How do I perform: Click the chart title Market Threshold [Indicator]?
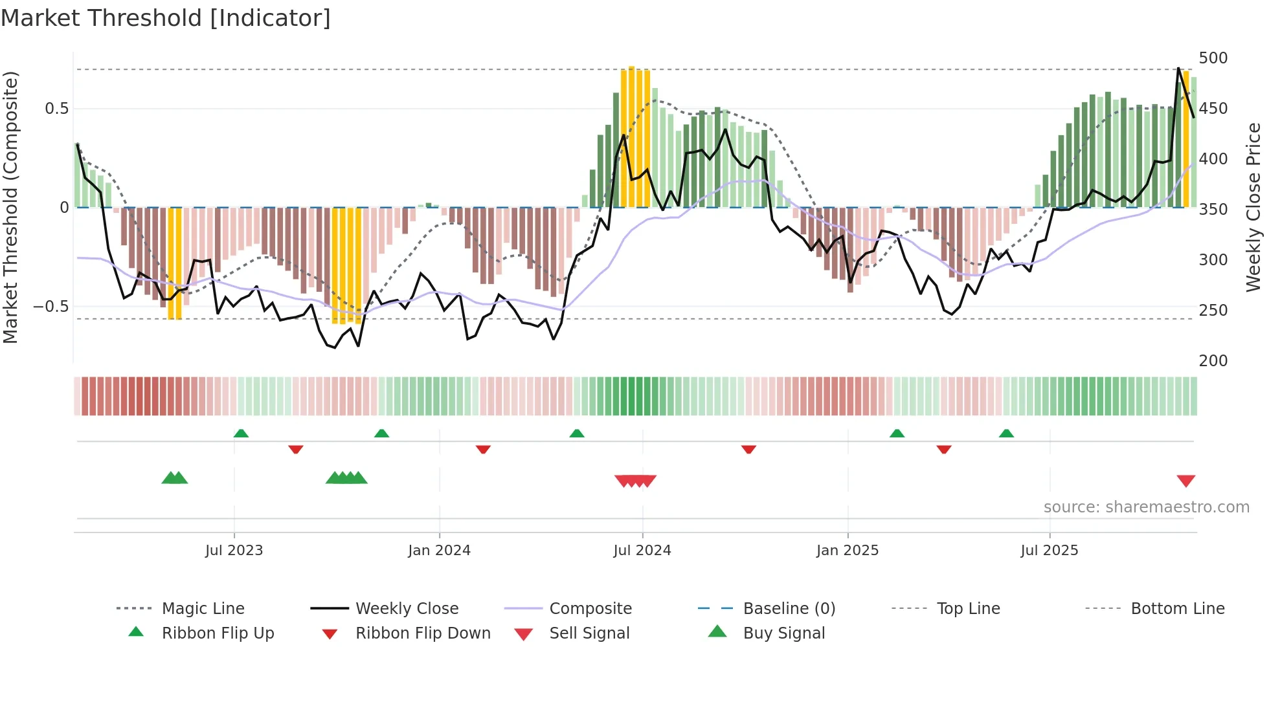(x=166, y=18)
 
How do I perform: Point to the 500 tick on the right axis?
(x=1213, y=58)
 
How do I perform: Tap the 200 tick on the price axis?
(x=1213, y=360)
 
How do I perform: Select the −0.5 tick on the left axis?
(x=51, y=306)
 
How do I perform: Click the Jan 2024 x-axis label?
(x=439, y=551)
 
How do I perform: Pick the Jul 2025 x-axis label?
(x=1049, y=551)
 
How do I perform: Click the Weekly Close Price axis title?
(x=1253, y=207)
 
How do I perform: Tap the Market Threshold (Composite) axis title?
(x=10, y=207)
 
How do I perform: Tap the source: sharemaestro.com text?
(x=1146, y=507)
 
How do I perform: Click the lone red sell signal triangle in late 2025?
(x=1185, y=481)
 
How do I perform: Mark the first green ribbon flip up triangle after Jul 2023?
(x=241, y=433)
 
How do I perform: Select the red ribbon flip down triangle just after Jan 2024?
(x=483, y=449)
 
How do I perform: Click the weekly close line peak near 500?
(x=1178, y=69)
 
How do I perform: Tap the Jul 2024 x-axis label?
(x=642, y=551)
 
